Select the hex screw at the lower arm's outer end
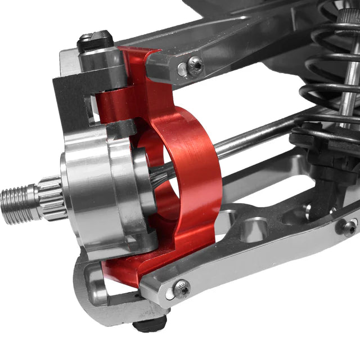click(182, 288)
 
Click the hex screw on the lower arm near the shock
click(348, 227)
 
